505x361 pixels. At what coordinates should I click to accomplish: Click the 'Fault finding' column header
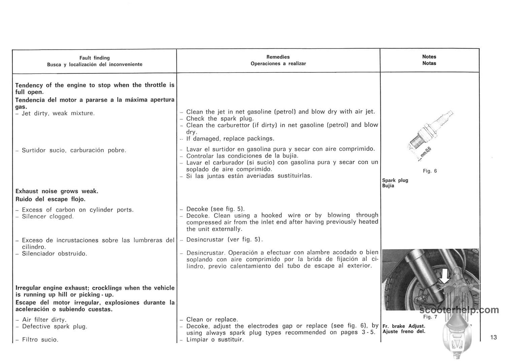[95, 58]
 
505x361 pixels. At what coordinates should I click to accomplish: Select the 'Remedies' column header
[278, 57]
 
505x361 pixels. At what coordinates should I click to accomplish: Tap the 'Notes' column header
[429, 57]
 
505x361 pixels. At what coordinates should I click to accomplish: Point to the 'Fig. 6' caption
[430, 171]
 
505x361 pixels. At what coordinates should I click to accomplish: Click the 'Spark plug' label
[395, 180]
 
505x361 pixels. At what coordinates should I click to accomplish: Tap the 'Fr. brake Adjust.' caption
[404, 326]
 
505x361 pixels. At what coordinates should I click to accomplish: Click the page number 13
[494, 337]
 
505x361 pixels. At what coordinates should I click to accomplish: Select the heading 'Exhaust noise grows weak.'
[57, 191]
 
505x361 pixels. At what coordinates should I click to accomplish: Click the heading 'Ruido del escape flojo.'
[50, 199]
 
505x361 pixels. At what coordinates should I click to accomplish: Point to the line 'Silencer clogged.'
[47, 216]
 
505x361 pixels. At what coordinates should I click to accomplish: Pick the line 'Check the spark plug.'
[220, 118]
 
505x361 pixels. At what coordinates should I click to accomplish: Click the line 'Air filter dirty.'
[44, 320]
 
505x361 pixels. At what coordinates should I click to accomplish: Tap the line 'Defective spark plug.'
[55, 326]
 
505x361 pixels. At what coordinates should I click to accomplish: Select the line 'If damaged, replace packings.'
[230, 139]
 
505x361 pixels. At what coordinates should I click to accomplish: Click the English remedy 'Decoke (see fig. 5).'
[215, 209]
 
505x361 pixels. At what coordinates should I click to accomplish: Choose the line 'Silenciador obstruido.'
[55, 253]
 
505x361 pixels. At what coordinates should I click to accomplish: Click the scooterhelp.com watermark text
[459, 310]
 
